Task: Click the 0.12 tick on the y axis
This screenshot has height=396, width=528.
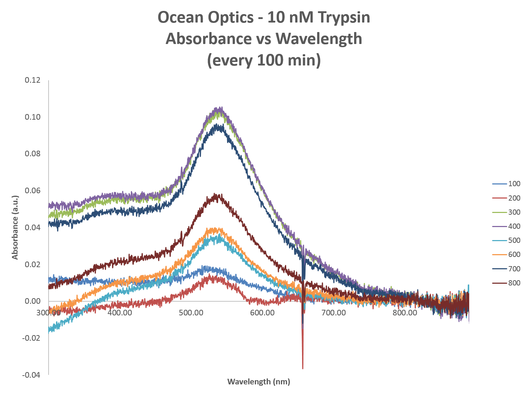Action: click(x=32, y=80)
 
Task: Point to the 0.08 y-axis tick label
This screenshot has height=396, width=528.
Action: click(x=32, y=154)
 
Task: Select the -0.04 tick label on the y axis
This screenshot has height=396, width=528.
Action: click(x=31, y=375)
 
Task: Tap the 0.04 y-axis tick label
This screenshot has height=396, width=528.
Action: click(x=32, y=227)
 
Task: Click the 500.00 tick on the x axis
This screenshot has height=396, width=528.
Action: click(x=191, y=313)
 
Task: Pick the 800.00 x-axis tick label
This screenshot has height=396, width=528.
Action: click(x=405, y=313)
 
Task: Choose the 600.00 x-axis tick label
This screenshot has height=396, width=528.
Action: click(x=262, y=313)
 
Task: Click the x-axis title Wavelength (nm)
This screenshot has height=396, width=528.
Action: click(x=259, y=382)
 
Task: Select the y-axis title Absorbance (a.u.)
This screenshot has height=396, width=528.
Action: click(x=15, y=227)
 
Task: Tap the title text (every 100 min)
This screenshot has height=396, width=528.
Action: click(x=264, y=60)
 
